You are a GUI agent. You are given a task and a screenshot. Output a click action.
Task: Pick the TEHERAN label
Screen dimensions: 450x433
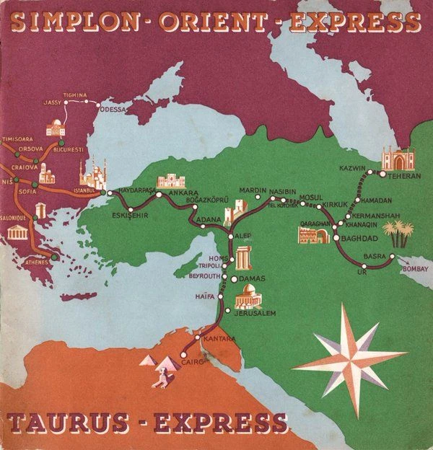(405, 175)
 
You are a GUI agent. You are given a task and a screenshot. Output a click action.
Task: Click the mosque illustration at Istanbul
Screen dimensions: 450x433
(92, 177)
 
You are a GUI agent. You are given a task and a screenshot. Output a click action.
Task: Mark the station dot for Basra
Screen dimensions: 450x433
(392, 256)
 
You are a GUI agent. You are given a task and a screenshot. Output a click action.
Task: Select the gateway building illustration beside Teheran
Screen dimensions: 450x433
(398, 159)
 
